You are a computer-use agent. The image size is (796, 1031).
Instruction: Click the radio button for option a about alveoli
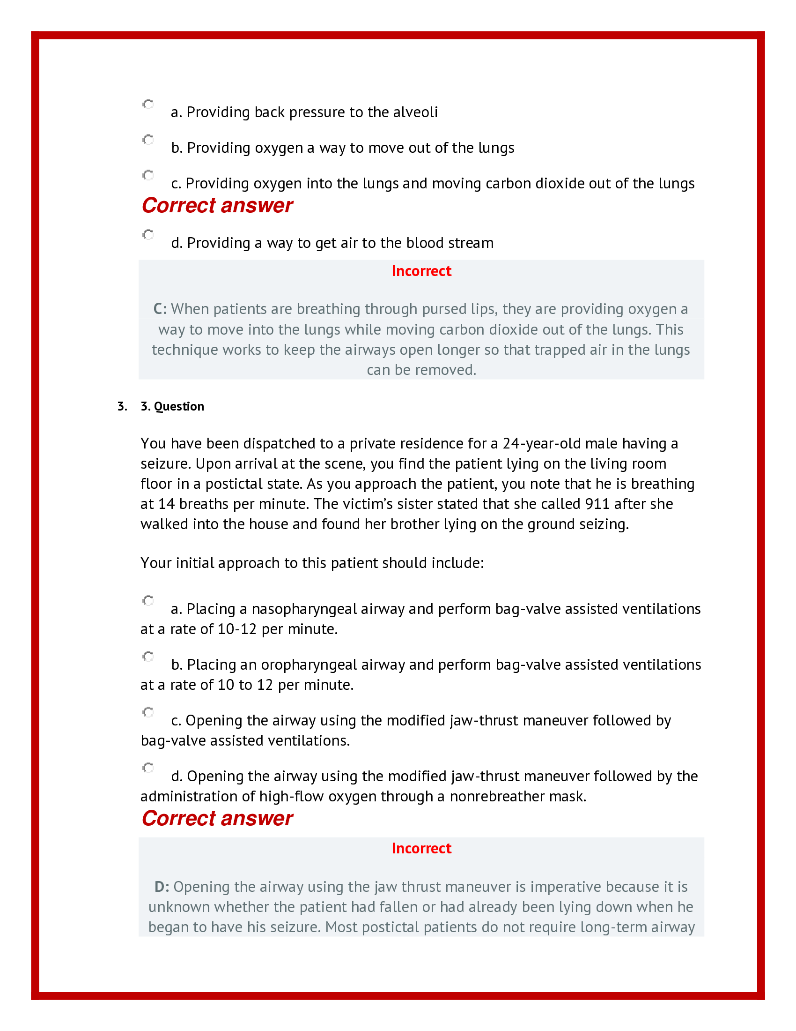coord(148,104)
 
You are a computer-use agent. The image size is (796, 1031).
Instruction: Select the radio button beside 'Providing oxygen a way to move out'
coord(148,140)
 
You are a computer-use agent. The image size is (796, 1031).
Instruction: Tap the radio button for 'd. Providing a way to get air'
coord(148,235)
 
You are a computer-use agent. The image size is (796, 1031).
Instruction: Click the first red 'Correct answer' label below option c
coord(217,206)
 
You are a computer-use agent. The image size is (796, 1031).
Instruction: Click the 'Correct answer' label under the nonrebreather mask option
coord(217,819)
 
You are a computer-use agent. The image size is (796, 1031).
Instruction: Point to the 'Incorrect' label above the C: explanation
coord(421,271)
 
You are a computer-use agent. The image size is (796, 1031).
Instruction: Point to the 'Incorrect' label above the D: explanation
coord(421,849)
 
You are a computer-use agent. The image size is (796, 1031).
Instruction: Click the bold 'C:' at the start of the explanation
coord(160,309)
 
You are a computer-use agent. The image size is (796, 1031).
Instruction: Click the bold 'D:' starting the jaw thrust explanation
coord(162,887)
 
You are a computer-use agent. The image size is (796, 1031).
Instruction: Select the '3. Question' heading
coord(172,406)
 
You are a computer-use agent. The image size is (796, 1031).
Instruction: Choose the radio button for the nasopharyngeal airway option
coord(148,600)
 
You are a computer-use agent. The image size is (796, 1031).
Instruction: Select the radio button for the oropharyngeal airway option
coord(148,656)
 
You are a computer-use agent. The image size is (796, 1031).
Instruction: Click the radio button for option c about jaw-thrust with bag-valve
coord(148,712)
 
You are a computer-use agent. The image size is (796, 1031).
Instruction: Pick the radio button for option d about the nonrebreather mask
coord(148,768)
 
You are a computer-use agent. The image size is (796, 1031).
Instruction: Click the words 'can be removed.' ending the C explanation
coord(421,370)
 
